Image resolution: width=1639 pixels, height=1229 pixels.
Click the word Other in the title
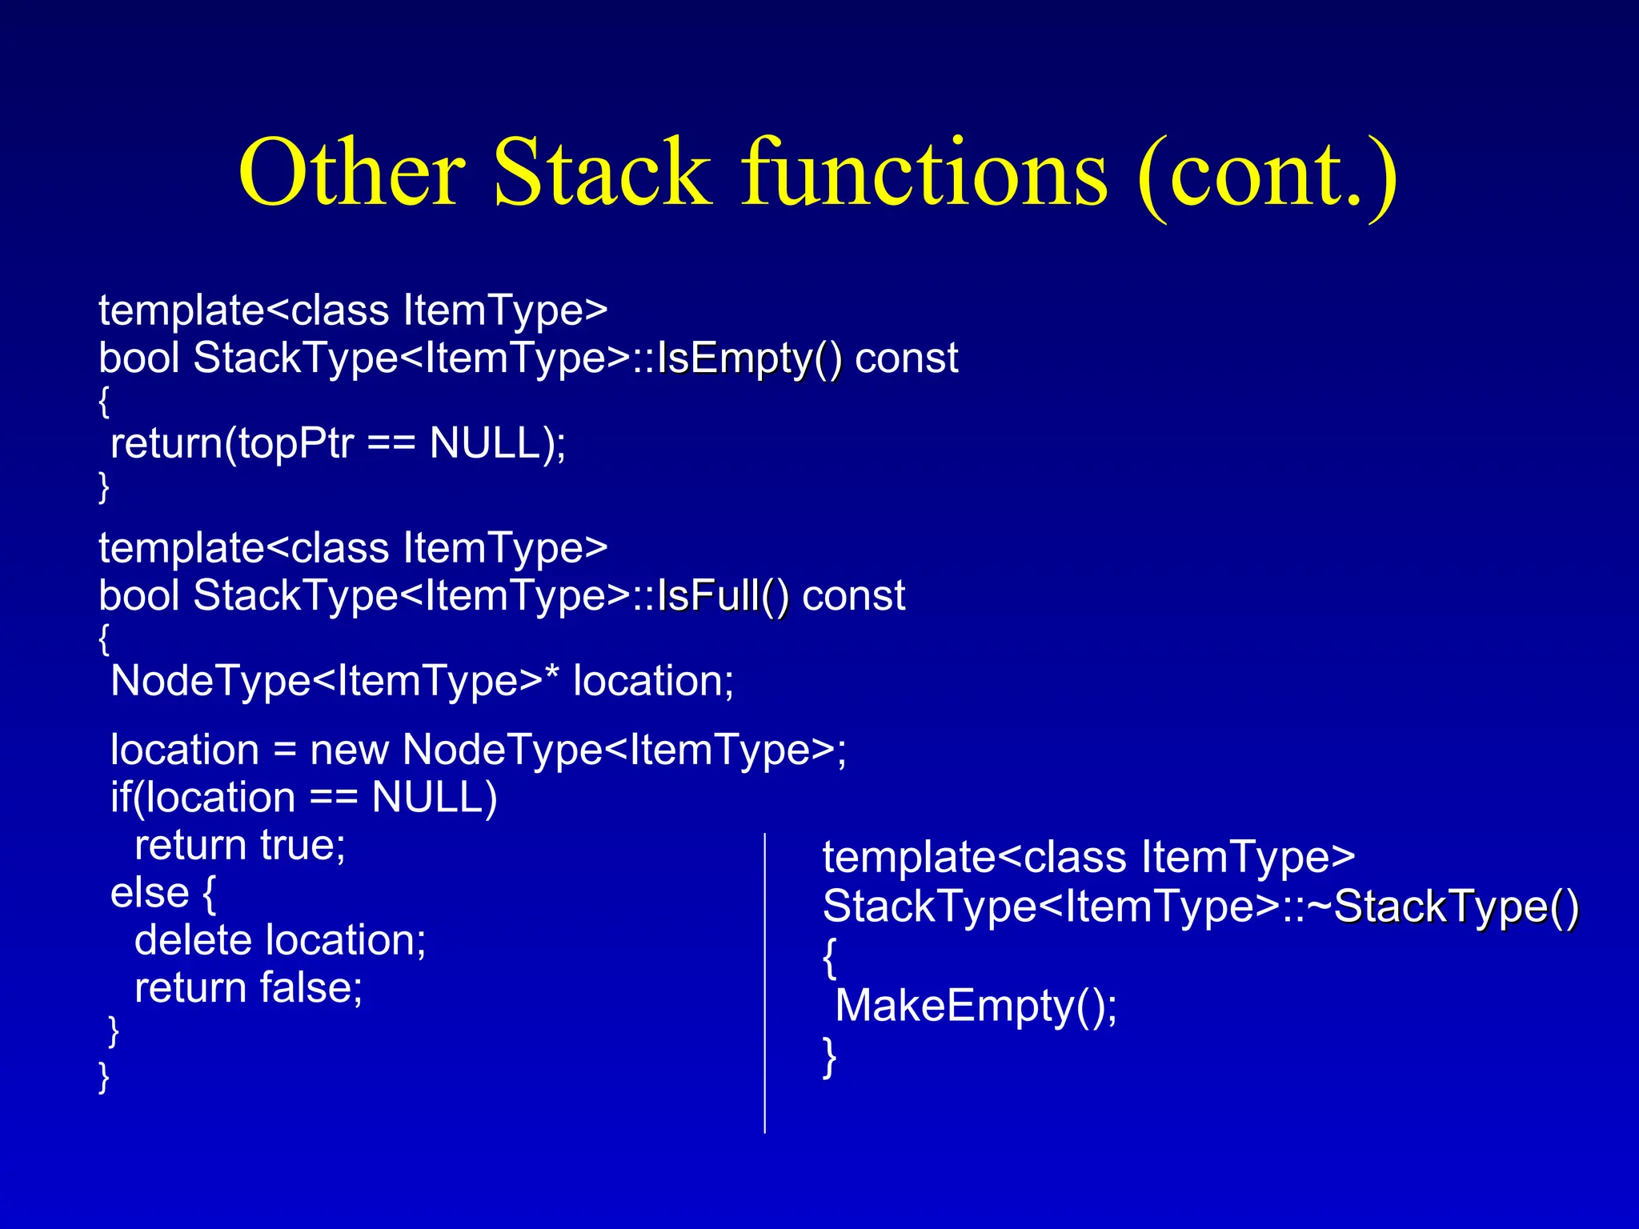pos(352,173)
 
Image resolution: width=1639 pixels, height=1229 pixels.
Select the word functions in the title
pos(924,173)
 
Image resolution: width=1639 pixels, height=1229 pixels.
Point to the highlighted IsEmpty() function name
pos(749,358)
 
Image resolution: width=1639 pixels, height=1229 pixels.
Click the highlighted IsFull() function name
pos(723,596)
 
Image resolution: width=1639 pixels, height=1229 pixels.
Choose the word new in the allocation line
pos(349,751)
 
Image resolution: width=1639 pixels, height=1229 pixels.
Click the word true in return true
pos(303,846)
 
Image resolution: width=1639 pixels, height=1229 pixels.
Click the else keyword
pos(150,893)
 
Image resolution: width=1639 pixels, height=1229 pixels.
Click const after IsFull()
pos(853,596)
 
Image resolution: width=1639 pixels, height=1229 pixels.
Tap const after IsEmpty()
pos(906,358)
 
